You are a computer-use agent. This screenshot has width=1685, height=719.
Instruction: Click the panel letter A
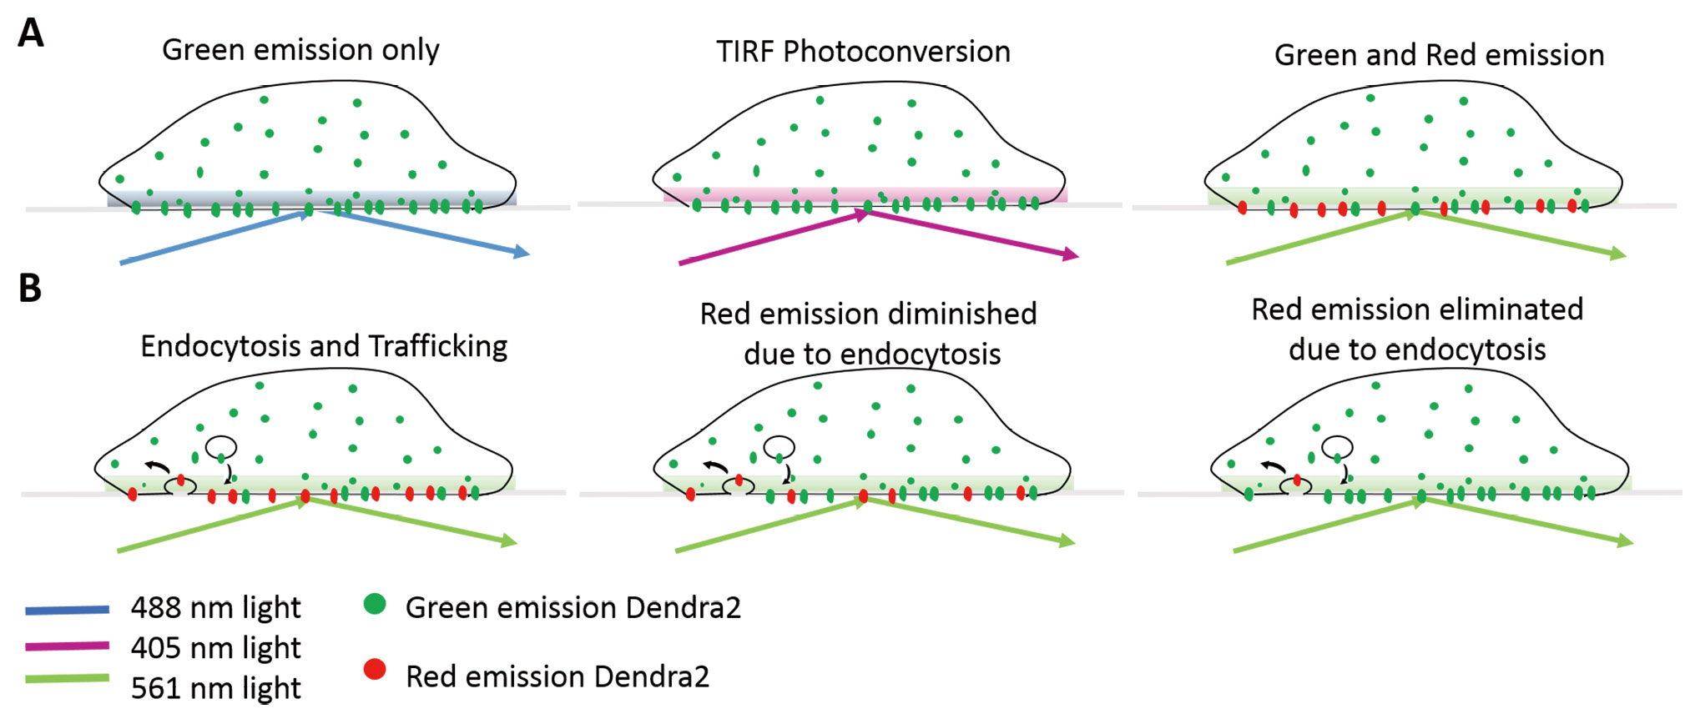click(31, 33)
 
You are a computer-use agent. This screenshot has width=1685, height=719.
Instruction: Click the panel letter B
click(30, 288)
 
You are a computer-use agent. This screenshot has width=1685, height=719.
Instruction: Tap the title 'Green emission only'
click(300, 50)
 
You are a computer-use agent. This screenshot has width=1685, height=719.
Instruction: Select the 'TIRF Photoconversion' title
click(863, 52)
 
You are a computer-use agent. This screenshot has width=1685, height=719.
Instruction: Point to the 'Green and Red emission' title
click(1439, 55)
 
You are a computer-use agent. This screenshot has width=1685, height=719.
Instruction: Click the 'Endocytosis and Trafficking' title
click(324, 346)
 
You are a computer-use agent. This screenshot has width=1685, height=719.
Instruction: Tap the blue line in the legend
click(67, 611)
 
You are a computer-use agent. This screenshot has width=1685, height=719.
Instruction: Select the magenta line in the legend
click(67, 646)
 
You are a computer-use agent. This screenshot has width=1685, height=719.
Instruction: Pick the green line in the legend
click(67, 679)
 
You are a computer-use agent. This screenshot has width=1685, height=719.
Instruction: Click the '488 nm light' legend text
click(215, 607)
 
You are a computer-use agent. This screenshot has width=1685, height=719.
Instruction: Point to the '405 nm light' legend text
click(215, 647)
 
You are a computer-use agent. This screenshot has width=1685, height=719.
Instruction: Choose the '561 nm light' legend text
click(215, 687)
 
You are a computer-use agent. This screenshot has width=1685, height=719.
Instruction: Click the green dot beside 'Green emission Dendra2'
click(375, 604)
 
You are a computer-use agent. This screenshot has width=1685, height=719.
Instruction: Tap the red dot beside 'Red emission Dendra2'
click(375, 669)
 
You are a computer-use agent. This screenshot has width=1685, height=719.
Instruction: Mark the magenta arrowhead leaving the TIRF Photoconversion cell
click(1071, 254)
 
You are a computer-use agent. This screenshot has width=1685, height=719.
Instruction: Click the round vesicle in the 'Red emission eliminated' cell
click(1337, 447)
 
